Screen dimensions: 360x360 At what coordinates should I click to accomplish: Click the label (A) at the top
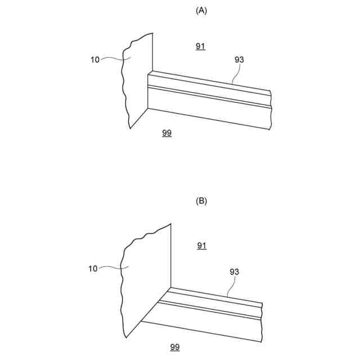[x=201, y=11]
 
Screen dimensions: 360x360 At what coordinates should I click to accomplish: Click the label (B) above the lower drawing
[x=201, y=201]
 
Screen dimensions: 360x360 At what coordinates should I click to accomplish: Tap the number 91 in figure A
[x=201, y=47]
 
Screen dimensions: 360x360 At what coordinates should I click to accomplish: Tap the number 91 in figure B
[x=202, y=245]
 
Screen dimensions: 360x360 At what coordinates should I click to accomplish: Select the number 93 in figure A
[x=238, y=60]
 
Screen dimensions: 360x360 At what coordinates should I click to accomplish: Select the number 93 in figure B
[x=235, y=272]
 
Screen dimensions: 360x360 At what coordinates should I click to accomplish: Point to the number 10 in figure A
[x=94, y=59]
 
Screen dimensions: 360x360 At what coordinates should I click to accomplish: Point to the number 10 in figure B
[x=93, y=268]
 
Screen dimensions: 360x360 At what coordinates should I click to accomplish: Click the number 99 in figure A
[x=166, y=133]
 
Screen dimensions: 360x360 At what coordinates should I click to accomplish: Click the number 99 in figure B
[x=175, y=346]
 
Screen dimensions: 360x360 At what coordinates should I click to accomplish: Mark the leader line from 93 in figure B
[x=231, y=287]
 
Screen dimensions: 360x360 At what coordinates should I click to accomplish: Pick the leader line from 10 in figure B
[x=112, y=268]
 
